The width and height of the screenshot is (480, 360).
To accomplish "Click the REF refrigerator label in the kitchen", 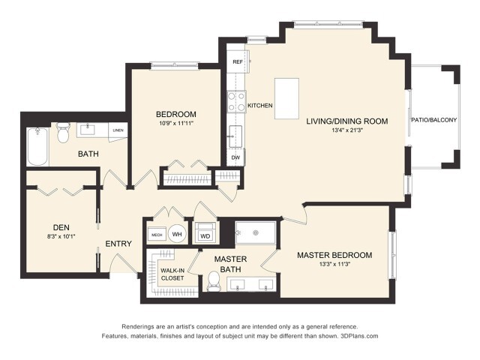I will (237, 61).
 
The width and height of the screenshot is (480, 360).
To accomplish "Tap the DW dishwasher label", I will (235, 157).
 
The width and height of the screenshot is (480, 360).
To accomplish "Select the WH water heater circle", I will (178, 234).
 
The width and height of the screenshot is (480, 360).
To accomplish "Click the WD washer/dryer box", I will (205, 235).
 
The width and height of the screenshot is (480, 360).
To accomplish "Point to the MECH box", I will (157, 234).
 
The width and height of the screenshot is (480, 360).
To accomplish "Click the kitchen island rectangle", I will (286, 98).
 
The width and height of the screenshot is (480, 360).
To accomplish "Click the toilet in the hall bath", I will (63, 133).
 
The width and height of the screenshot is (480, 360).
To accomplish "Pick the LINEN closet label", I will (118, 130).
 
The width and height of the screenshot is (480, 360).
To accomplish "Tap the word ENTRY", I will (118, 244).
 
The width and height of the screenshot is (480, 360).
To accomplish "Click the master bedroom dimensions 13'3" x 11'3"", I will (334, 265).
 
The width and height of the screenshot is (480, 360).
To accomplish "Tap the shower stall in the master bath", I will (256, 233).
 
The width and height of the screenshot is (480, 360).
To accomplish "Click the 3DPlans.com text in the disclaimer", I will (359, 337).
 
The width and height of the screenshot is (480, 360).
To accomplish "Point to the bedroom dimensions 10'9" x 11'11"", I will (176, 123).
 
